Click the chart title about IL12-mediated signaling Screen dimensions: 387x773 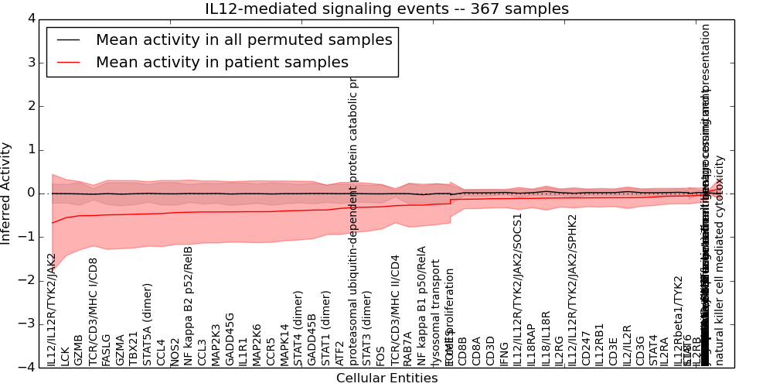(x=386, y=9)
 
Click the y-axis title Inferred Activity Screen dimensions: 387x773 (x=7, y=193)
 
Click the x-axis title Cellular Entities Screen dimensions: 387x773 (x=386, y=378)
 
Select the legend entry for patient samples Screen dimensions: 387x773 (x=222, y=62)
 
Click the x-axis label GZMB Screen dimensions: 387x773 (x=79, y=350)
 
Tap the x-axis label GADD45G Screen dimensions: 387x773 (x=230, y=339)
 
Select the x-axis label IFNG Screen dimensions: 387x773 (x=504, y=353)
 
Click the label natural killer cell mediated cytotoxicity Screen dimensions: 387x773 (x=720, y=260)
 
